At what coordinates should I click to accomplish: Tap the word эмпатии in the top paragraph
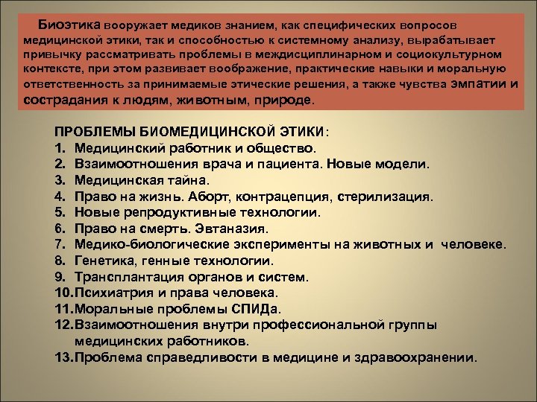click(x=480, y=84)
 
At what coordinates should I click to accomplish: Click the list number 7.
click(x=60, y=244)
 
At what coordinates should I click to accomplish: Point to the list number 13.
click(x=63, y=357)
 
